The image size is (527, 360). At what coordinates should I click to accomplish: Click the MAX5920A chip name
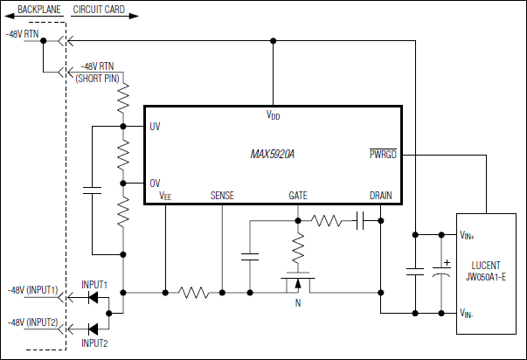click(x=272, y=154)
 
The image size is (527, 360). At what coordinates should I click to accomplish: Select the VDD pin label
click(x=273, y=115)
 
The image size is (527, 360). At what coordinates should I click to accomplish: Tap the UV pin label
click(x=155, y=127)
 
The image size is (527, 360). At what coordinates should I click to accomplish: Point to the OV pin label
click(x=155, y=183)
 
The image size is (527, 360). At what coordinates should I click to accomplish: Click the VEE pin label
click(x=165, y=197)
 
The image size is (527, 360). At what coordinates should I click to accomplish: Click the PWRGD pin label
click(x=383, y=154)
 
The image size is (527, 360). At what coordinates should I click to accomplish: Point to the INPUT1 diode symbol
click(x=93, y=297)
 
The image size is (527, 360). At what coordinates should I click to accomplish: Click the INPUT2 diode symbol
click(x=93, y=328)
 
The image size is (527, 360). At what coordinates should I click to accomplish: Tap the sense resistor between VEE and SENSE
click(x=192, y=290)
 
